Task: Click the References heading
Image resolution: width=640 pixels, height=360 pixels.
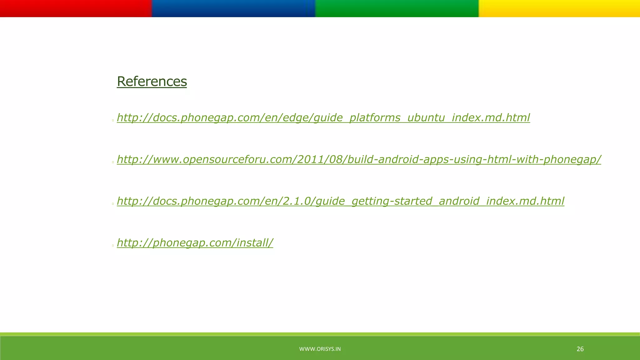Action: pyautogui.click(x=152, y=82)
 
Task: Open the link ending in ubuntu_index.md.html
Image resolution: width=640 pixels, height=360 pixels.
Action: pyautogui.click(x=323, y=118)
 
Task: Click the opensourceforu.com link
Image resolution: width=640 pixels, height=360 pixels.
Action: pyautogui.click(x=359, y=159)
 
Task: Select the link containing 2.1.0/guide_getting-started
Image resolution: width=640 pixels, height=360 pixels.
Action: pyautogui.click(x=340, y=201)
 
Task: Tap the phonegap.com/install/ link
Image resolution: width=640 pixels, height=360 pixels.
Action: pyautogui.click(x=195, y=242)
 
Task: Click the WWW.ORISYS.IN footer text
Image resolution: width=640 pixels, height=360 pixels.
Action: pyautogui.click(x=320, y=349)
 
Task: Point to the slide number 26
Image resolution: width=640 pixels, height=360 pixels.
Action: pyautogui.click(x=580, y=349)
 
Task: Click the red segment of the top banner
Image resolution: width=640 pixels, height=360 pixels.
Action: pyautogui.click(x=76, y=8)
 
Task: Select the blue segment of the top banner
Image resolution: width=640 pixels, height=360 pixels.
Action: pyautogui.click(x=233, y=8)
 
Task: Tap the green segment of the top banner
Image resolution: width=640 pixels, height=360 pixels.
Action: pyautogui.click(x=397, y=8)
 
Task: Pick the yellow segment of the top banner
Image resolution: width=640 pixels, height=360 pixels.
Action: pyautogui.click(x=559, y=8)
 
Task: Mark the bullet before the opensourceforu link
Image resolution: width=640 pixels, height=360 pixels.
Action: pyautogui.click(x=113, y=162)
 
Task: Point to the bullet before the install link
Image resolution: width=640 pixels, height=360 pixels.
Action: pyautogui.click(x=113, y=246)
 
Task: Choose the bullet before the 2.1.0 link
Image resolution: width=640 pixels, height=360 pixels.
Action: pyautogui.click(x=113, y=204)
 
